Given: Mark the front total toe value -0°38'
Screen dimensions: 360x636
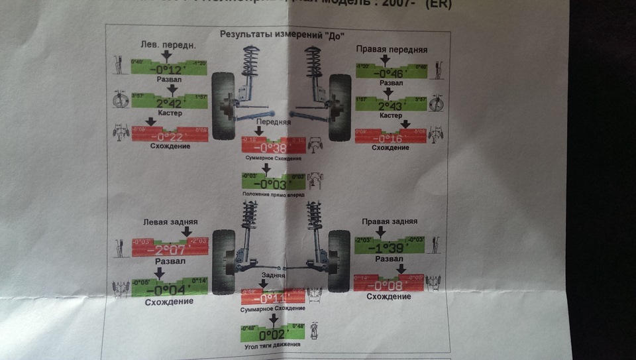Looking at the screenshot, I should click(274, 149).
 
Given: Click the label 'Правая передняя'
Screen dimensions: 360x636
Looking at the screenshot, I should click(392, 50).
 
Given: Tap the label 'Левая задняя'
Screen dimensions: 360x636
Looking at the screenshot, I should click(170, 222).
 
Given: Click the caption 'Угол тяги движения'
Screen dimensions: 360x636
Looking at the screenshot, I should click(272, 345).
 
